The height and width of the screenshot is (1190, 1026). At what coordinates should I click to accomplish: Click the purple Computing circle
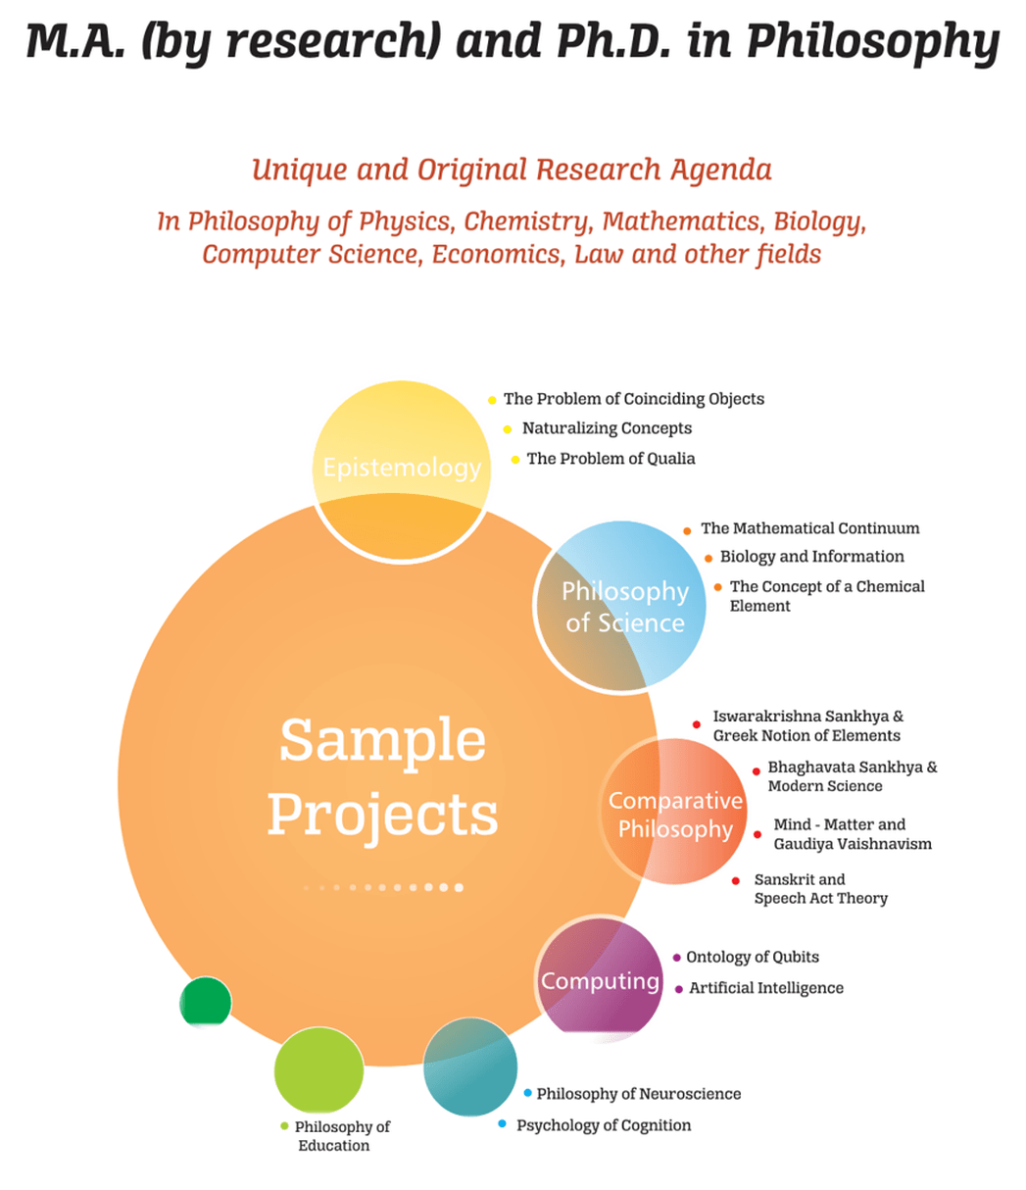tap(600, 979)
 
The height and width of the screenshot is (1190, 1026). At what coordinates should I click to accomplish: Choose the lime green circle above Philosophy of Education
tap(318, 1069)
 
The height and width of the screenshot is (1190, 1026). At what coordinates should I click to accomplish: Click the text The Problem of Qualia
tap(611, 459)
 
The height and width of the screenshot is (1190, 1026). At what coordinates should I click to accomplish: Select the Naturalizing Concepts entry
tap(607, 428)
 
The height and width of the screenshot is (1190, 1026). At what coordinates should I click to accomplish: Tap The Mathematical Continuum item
tap(809, 528)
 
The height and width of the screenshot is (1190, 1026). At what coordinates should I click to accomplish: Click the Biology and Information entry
tap(811, 557)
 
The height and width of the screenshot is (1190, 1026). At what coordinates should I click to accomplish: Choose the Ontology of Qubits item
tap(752, 957)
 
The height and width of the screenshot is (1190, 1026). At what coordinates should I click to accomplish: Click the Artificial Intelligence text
tap(765, 988)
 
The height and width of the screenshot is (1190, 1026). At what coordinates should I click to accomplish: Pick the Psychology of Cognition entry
tap(604, 1125)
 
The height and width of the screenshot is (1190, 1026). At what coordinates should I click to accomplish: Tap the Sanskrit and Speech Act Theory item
tap(820, 889)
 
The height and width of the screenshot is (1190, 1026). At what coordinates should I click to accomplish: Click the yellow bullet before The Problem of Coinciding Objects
tap(492, 400)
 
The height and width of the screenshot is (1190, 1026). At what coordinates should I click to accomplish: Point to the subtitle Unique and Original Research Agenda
tap(512, 170)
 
